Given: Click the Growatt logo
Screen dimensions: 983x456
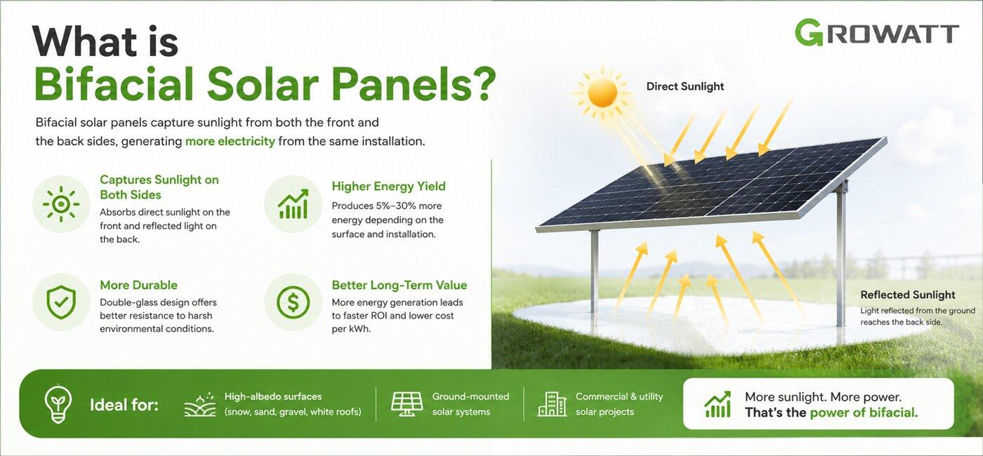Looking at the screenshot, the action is [876, 33].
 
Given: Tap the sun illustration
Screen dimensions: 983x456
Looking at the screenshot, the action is [602, 93].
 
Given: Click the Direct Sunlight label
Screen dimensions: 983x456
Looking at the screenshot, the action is [685, 86].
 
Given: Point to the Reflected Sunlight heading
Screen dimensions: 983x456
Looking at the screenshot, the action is [907, 295].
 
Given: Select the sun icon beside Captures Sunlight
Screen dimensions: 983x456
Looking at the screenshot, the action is [61, 204].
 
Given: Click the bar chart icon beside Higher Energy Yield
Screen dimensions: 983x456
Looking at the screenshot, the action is [293, 204].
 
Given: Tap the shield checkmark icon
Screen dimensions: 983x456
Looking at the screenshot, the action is [61, 302].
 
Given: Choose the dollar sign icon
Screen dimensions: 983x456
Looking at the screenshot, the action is [293, 302].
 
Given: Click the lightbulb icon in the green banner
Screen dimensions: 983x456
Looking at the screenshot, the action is [58, 404].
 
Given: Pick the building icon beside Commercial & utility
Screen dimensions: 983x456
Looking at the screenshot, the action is [552, 404].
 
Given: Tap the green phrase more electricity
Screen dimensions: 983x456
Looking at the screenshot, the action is [230, 141].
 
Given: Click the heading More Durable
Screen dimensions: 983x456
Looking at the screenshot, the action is [139, 285].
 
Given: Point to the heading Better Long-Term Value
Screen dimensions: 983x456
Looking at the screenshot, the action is [400, 285].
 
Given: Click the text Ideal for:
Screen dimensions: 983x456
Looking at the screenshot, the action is [124, 405].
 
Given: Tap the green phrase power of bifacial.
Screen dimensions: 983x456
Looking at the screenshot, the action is [864, 413].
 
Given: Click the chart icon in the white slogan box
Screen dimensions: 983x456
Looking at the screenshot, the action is [718, 404].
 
